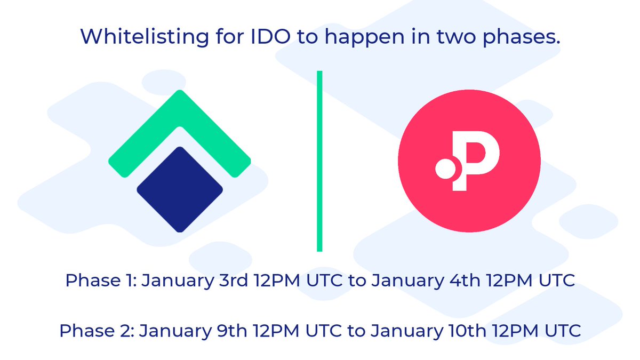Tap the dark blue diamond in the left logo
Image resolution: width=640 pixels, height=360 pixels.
point(180,189)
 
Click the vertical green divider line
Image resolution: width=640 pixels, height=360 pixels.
point(319,160)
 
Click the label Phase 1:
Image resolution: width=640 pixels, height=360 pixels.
point(99,281)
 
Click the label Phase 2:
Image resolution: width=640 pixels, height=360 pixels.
point(96,331)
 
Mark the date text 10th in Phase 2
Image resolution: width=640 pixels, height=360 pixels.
point(464,331)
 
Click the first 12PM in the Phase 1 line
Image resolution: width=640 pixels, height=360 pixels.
point(277,281)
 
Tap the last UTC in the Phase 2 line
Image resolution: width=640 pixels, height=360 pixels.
point(561,331)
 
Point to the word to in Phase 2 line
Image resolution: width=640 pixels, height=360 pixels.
point(356,331)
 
